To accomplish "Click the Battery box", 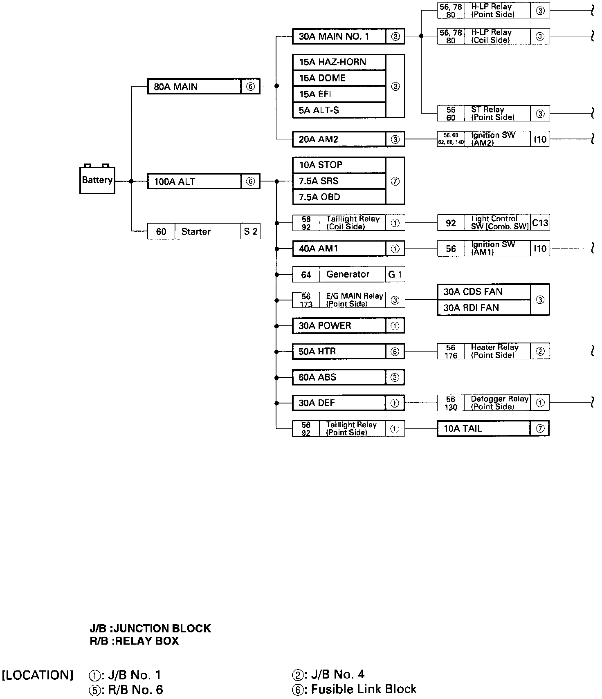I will pyautogui.click(x=97, y=180).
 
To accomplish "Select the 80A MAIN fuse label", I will pyautogui.click(x=176, y=87).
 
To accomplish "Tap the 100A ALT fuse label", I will pyautogui.click(x=175, y=181).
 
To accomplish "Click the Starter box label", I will pyautogui.click(x=196, y=232).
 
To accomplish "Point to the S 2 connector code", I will pyautogui.click(x=250, y=232).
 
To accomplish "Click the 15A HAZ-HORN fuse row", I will pyautogui.click(x=332, y=62).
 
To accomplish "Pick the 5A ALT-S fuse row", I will pyautogui.click(x=319, y=110).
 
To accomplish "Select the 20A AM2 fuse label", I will pyautogui.click(x=319, y=139).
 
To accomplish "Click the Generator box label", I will pyautogui.click(x=348, y=274).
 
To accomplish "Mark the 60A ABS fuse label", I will pyautogui.click(x=317, y=377).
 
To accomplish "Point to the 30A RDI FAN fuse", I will pyautogui.click(x=471, y=308).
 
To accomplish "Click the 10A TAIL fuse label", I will pyautogui.click(x=463, y=429).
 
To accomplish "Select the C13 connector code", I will pyautogui.click(x=540, y=223).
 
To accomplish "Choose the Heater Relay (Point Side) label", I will pyautogui.click(x=494, y=351).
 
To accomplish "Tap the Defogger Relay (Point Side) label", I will pyautogui.click(x=499, y=403).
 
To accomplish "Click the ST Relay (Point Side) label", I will pyautogui.click(x=492, y=113).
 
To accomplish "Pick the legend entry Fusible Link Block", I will pyautogui.click(x=364, y=689).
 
